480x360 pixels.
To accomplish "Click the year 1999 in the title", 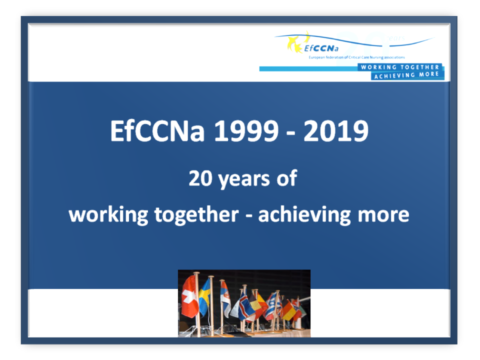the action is coord(246,131).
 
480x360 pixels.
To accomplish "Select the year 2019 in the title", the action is coord(336,131).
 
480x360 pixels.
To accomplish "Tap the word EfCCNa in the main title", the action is coord(157,131).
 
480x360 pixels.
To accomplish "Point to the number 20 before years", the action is coord(200,178).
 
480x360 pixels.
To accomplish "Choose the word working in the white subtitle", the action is coord(108,215).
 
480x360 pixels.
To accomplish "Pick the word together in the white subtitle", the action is coord(196,215).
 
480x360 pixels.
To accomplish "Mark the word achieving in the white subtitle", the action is coord(304,215).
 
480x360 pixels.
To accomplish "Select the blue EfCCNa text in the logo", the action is coord(321,48).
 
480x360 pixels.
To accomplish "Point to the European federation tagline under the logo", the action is coord(356,57).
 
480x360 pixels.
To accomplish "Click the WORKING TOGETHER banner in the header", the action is coord(400,67).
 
